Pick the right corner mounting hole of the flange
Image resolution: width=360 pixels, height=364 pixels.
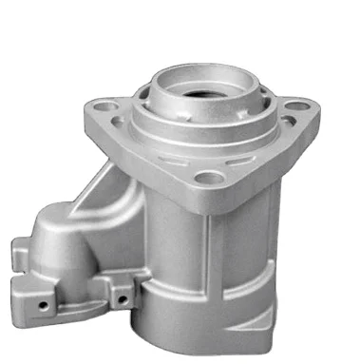(x=298, y=105)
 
